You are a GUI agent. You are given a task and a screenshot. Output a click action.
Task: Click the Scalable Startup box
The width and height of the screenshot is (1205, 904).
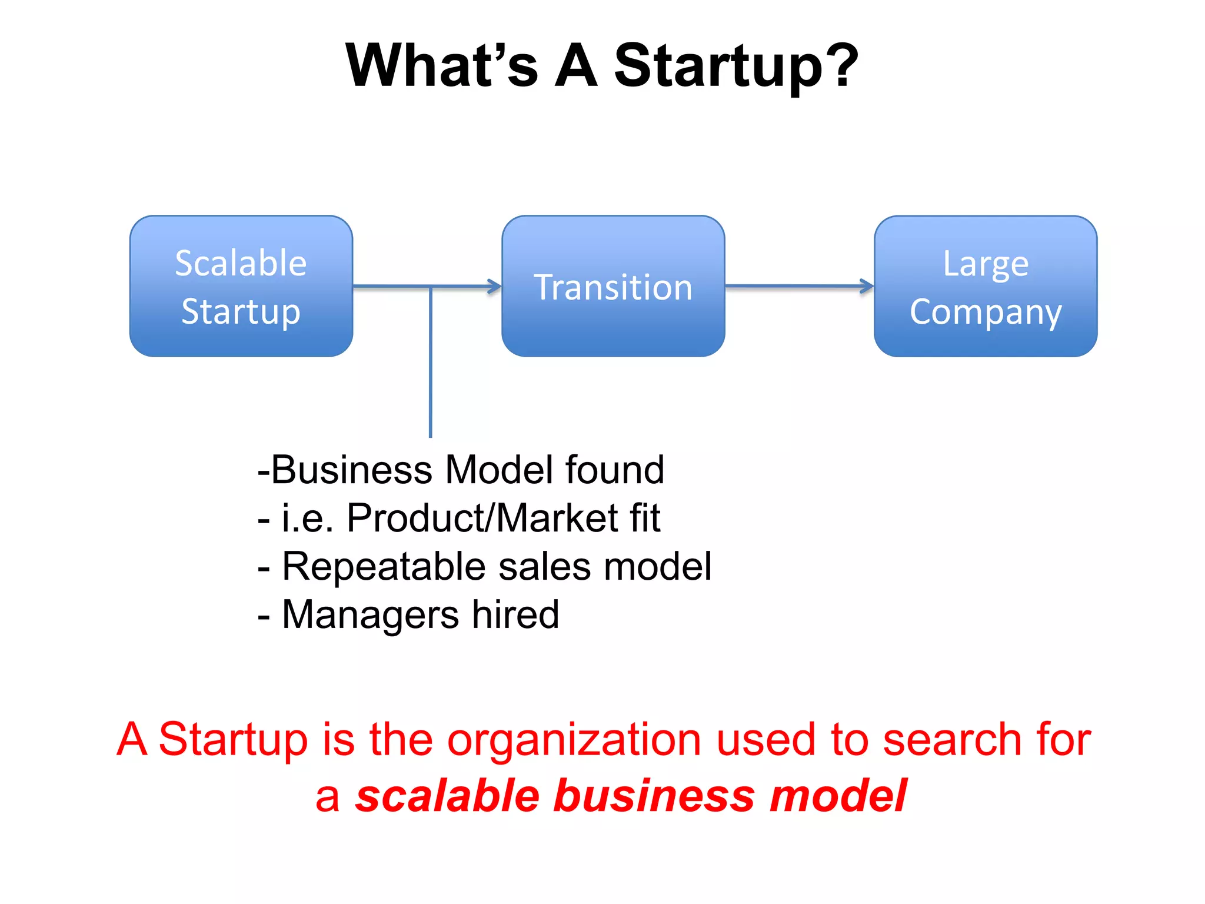pyautogui.click(x=241, y=286)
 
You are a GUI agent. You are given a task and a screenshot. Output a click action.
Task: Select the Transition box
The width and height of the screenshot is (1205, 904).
pyautogui.click(x=613, y=286)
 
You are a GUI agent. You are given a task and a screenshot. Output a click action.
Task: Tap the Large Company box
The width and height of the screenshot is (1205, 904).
pyautogui.click(x=986, y=286)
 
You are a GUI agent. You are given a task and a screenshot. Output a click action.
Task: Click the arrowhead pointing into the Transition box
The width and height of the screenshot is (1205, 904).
pyautogui.click(x=495, y=287)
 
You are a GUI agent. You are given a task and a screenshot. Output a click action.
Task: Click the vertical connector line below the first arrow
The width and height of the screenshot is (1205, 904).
pyautogui.click(x=431, y=365)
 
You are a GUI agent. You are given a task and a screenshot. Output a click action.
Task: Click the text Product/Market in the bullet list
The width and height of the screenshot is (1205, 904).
pyautogui.click(x=481, y=519)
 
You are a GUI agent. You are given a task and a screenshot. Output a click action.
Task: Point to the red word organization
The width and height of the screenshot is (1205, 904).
pyautogui.click(x=574, y=740)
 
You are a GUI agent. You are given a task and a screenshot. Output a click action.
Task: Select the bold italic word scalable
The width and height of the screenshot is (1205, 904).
pyautogui.click(x=447, y=796)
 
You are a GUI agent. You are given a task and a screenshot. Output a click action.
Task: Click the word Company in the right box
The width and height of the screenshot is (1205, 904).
pyautogui.click(x=986, y=312)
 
